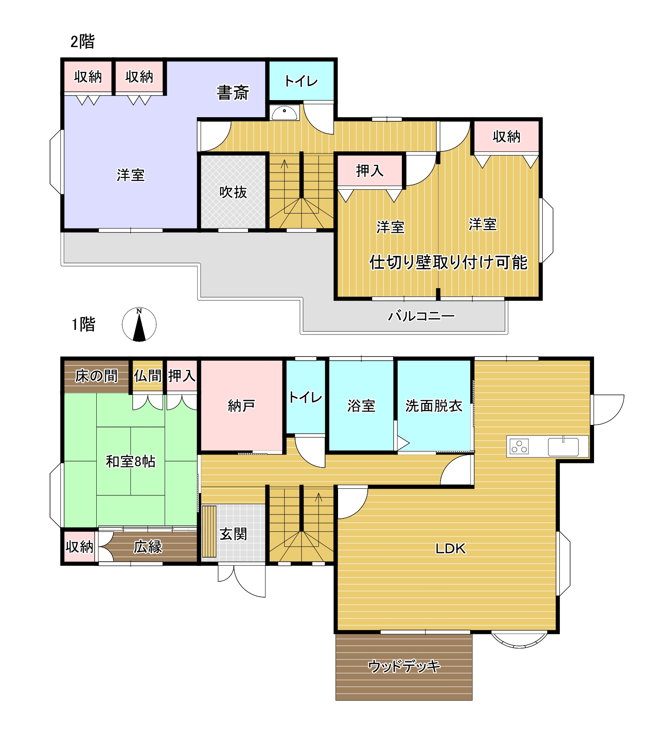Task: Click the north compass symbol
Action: [139, 324]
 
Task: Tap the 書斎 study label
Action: [233, 93]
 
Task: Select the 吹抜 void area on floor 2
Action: [233, 192]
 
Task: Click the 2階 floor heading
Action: [83, 42]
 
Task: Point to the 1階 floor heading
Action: [83, 324]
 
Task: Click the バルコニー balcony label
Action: [421, 316]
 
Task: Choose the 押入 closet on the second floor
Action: [370, 171]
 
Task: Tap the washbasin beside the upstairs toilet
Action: [284, 113]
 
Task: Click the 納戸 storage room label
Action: [241, 405]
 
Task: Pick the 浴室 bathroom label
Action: [361, 406]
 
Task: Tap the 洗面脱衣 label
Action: [433, 406]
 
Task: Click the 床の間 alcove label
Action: [96, 376]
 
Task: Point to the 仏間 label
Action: [148, 376]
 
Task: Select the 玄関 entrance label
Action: [233, 534]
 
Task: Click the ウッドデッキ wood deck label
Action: [404, 666]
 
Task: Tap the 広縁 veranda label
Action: [148, 547]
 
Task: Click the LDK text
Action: [450, 549]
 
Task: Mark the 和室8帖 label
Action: [130, 461]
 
